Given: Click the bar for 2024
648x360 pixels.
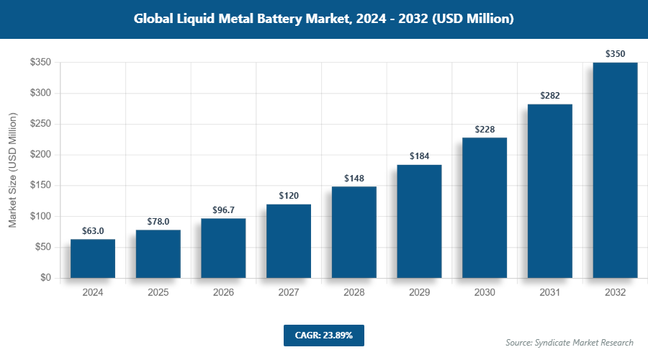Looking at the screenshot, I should [93, 258].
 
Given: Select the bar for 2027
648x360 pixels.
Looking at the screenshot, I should [289, 241].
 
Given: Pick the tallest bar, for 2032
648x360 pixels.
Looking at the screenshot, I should [615, 170].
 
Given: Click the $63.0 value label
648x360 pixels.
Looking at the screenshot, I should [93, 231].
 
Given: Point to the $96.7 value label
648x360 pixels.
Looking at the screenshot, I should [223, 210].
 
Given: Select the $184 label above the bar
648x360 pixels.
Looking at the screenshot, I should [419, 156].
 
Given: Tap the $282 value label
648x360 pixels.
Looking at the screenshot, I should [550, 96].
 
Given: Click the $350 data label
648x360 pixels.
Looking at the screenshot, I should [615, 54].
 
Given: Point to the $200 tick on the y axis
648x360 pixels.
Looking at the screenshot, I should [40, 155].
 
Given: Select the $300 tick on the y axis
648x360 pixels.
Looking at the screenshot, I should [40, 93].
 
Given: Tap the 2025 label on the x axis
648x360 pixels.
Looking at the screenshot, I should [158, 293].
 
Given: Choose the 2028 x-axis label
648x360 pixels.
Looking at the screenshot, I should [354, 293].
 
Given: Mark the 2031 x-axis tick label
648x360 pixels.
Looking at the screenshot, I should [550, 293].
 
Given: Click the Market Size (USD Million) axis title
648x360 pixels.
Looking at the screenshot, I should [12, 170].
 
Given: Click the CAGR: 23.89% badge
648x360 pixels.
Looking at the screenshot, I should [323, 335].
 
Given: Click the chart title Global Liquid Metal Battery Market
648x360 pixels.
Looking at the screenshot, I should [323, 19].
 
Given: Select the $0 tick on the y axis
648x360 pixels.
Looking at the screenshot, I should [45, 278].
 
